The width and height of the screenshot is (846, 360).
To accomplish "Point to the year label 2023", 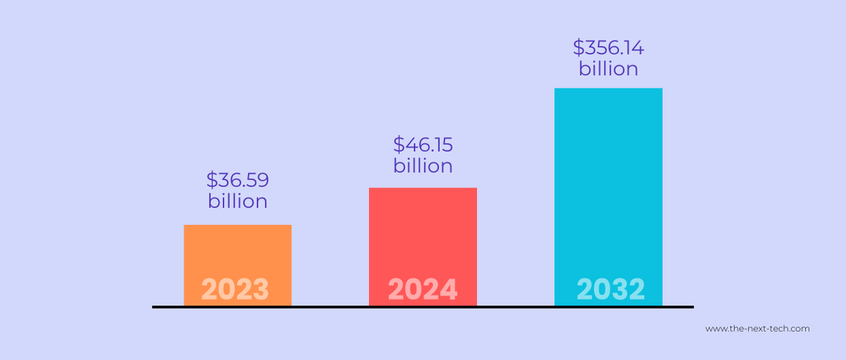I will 235,290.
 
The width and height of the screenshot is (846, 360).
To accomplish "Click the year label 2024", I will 423,290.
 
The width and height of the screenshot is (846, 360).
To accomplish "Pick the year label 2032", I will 610,290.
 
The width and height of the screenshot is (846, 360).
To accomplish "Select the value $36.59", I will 238,180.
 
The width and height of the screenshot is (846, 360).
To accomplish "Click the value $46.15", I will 423,145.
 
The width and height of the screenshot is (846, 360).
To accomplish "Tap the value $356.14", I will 608,48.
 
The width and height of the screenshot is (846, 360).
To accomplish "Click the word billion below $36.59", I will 238,202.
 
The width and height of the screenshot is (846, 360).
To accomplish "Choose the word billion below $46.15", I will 423,166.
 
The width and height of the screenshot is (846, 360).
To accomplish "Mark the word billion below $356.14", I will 608,69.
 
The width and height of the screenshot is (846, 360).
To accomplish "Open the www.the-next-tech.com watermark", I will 757,329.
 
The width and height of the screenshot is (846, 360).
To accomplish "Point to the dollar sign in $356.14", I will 579,48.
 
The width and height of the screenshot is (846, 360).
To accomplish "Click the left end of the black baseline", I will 154,307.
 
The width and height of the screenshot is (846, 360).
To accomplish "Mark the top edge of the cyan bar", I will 608,89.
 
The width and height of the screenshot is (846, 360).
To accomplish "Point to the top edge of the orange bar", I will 237,226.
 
